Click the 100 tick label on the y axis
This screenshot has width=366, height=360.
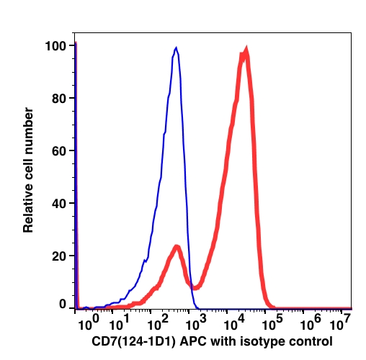click(55, 46)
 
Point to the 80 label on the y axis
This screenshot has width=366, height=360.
click(59, 99)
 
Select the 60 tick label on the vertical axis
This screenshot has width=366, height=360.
click(59, 151)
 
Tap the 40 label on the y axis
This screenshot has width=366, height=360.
click(59, 204)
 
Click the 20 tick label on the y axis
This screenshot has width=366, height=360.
click(59, 256)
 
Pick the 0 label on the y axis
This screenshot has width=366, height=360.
click(63, 304)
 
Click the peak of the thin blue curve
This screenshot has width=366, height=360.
click(177, 48)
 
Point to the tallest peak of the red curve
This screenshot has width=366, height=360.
click(246, 49)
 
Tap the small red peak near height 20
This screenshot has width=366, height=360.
click(177, 246)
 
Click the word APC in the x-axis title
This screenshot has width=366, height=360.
click(193, 341)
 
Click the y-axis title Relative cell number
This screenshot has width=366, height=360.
click(28, 170)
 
